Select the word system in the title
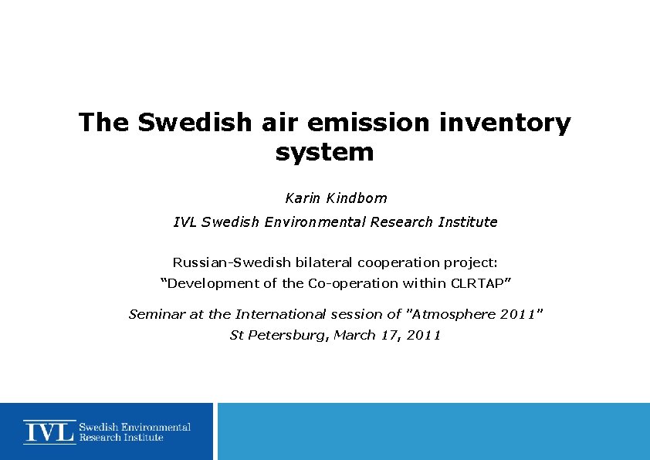click(324, 152)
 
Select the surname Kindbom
click(357, 198)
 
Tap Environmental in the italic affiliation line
click(316, 222)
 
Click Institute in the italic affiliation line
click(468, 222)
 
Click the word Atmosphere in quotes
click(456, 314)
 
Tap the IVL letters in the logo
click(49, 431)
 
